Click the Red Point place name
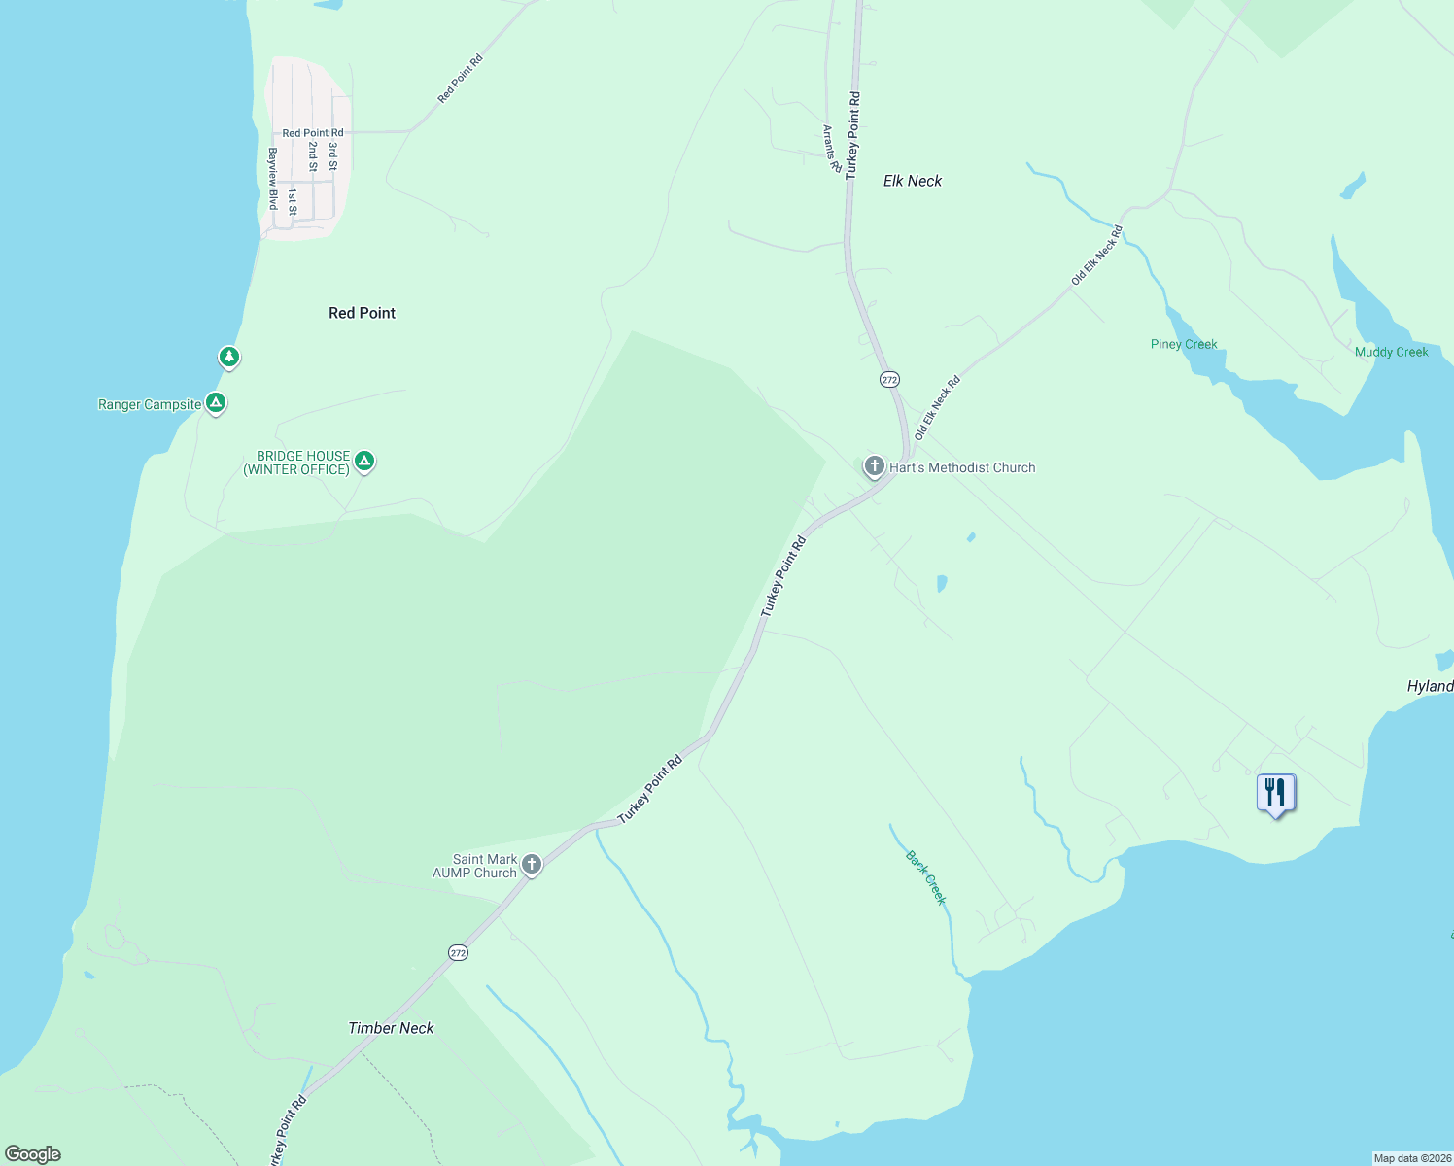(362, 313)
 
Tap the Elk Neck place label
(913, 181)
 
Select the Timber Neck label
(391, 1028)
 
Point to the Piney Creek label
(1184, 344)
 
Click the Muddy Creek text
(1391, 352)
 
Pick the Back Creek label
(925, 877)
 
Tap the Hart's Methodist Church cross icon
(874, 467)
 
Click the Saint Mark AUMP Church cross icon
(532, 864)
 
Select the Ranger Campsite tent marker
(216, 402)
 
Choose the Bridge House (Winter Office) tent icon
(364, 461)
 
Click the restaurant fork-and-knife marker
(1275, 793)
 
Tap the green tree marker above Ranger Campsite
(228, 357)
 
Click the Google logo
(33, 1154)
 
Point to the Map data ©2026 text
(1411, 1158)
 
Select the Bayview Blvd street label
(273, 179)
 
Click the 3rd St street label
(332, 156)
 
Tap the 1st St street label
(292, 202)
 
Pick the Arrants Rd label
(831, 149)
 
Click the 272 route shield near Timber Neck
(458, 953)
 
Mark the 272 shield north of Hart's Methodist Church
(889, 380)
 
